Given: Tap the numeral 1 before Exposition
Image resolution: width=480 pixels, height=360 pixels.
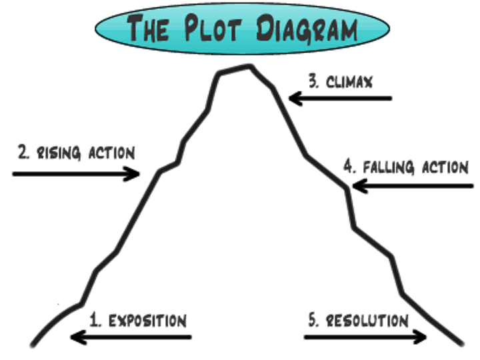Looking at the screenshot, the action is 95,319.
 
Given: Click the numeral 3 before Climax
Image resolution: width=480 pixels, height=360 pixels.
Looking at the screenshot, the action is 313,81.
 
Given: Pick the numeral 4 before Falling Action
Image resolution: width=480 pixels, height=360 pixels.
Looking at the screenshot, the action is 349,166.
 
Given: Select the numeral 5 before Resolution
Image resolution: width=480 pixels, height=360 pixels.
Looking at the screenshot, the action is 313,319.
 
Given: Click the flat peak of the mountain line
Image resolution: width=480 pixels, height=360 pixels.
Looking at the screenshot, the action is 235,67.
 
